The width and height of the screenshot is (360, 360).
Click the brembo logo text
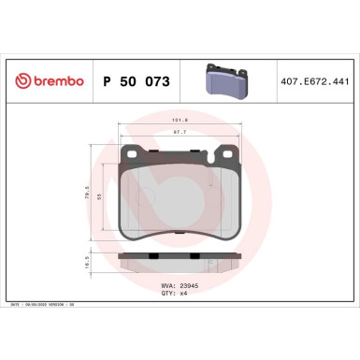coord(54,82)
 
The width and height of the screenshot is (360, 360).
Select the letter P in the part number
coord(106,82)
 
